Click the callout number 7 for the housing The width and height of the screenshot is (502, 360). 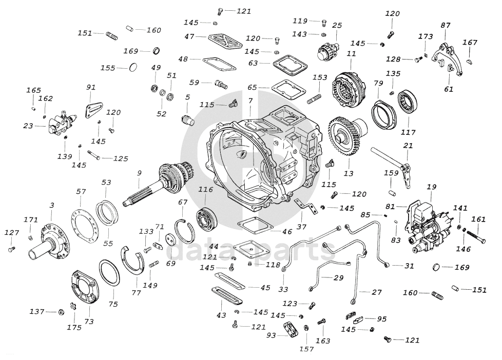250,101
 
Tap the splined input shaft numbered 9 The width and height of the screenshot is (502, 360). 157,185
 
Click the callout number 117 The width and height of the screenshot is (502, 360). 408,132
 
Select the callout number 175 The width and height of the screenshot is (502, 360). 74,327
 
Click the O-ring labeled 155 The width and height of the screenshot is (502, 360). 133,67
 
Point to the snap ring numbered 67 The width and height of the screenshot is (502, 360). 184,228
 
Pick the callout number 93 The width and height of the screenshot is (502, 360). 271,336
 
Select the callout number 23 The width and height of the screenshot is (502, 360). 28,126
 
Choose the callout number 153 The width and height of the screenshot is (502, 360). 320,77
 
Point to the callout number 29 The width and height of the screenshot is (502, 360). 338,277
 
